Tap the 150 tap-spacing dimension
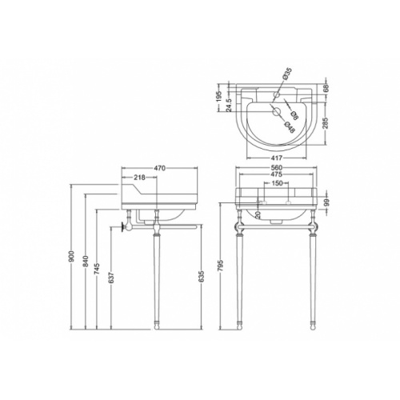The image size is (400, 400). [x=275, y=184]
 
